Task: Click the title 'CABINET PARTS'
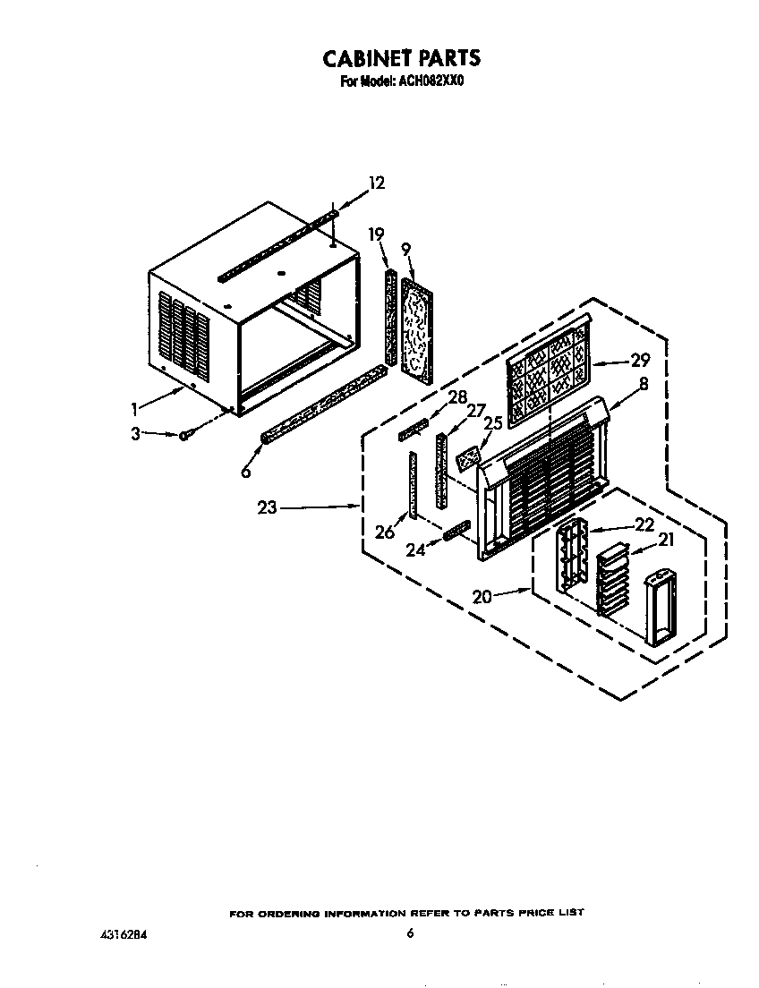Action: pyautogui.click(x=401, y=59)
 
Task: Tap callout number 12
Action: pyautogui.click(x=376, y=183)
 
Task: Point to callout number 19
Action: pyautogui.click(x=376, y=234)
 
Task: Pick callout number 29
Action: pyautogui.click(x=639, y=361)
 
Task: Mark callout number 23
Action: pyautogui.click(x=266, y=507)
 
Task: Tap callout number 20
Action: pyautogui.click(x=482, y=596)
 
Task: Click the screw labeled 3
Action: pyautogui.click(x=183, y=435)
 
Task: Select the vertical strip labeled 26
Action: pyautogui.click(x=413, y=484)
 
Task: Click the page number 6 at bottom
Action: pyautogui.click(x=410, y=933)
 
